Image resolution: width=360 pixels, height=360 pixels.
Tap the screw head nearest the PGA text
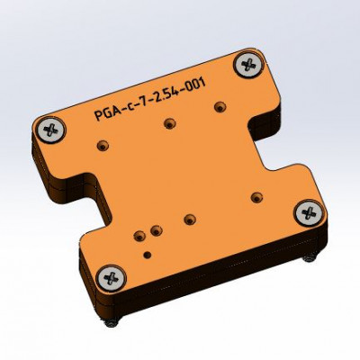coord(52,129)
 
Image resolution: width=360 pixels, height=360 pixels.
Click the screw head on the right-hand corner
coord(308,212)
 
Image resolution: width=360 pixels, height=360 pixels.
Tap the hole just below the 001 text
coord(217,106)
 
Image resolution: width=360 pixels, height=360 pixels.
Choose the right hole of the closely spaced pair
coord(155,230)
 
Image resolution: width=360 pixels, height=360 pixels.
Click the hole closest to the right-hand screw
coord(256,195)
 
